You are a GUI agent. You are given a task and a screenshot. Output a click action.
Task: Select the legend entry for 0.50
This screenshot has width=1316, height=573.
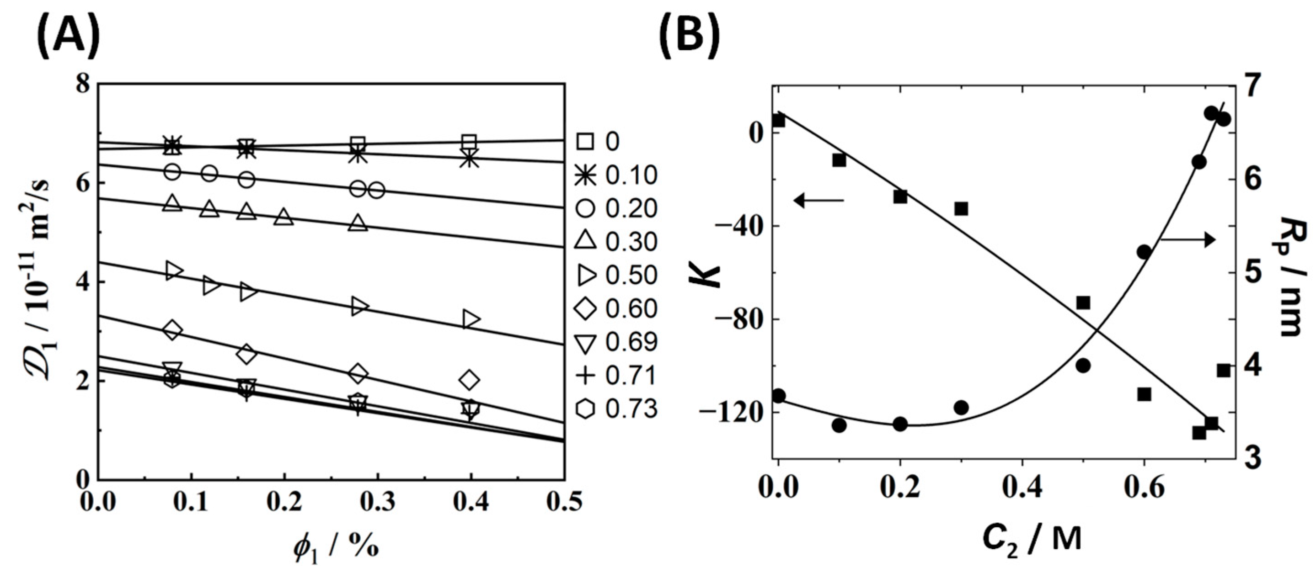coord(616,275)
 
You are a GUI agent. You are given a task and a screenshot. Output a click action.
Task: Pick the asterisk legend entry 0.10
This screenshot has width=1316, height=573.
coord(616,175)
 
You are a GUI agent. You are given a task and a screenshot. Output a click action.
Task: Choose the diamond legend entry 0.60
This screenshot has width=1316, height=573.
coord(616,309)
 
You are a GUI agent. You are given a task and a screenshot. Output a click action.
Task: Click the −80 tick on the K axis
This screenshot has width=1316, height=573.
coord(738,319)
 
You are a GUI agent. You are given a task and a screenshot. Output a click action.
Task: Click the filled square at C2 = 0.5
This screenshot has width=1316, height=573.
coord(1082,303)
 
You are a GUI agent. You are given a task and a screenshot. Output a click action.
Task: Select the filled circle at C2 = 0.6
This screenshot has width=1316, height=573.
coord(1144,252)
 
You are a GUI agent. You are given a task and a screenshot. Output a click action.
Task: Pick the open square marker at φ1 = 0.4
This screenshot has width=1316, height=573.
coord(470,142)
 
